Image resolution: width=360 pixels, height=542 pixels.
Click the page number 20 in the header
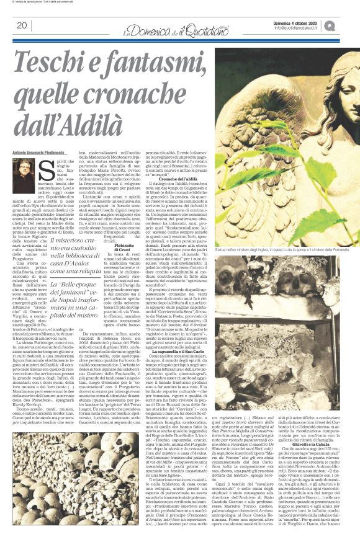(x=20, y=25)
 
